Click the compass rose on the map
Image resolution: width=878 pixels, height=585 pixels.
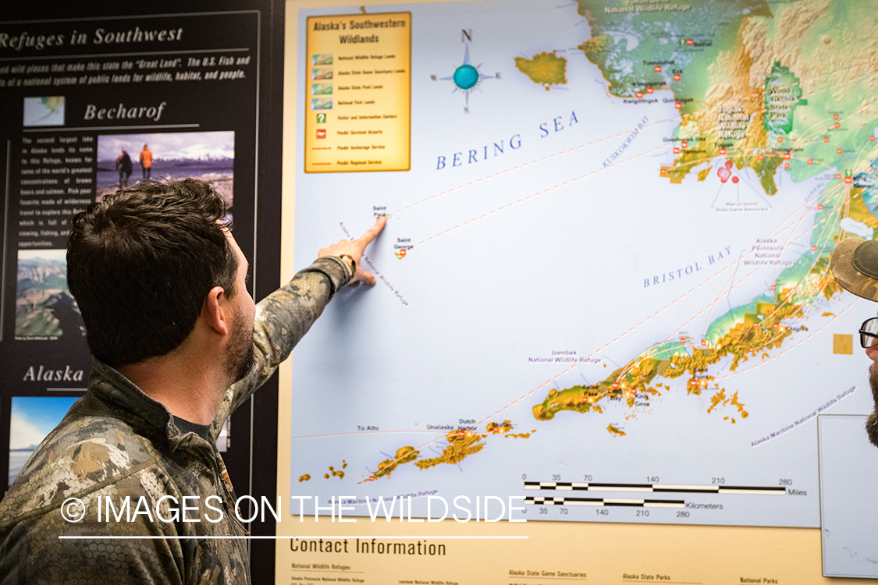[466, 76]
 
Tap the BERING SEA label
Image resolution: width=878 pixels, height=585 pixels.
[507, 141]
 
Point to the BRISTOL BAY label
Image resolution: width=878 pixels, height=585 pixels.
[688, 268]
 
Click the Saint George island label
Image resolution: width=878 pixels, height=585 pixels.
[403, 242]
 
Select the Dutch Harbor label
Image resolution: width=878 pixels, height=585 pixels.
[467, 424]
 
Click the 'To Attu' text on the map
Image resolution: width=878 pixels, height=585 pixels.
[367, 428]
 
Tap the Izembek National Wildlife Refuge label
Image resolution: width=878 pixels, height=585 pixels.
[564, 356]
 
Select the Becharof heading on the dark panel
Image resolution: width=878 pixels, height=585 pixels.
[125, 112]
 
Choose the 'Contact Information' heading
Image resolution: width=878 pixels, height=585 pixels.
[368, 548]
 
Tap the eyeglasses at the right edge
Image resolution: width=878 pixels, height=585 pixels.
[868, 333]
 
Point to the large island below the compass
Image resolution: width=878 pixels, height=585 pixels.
[541, 69]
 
